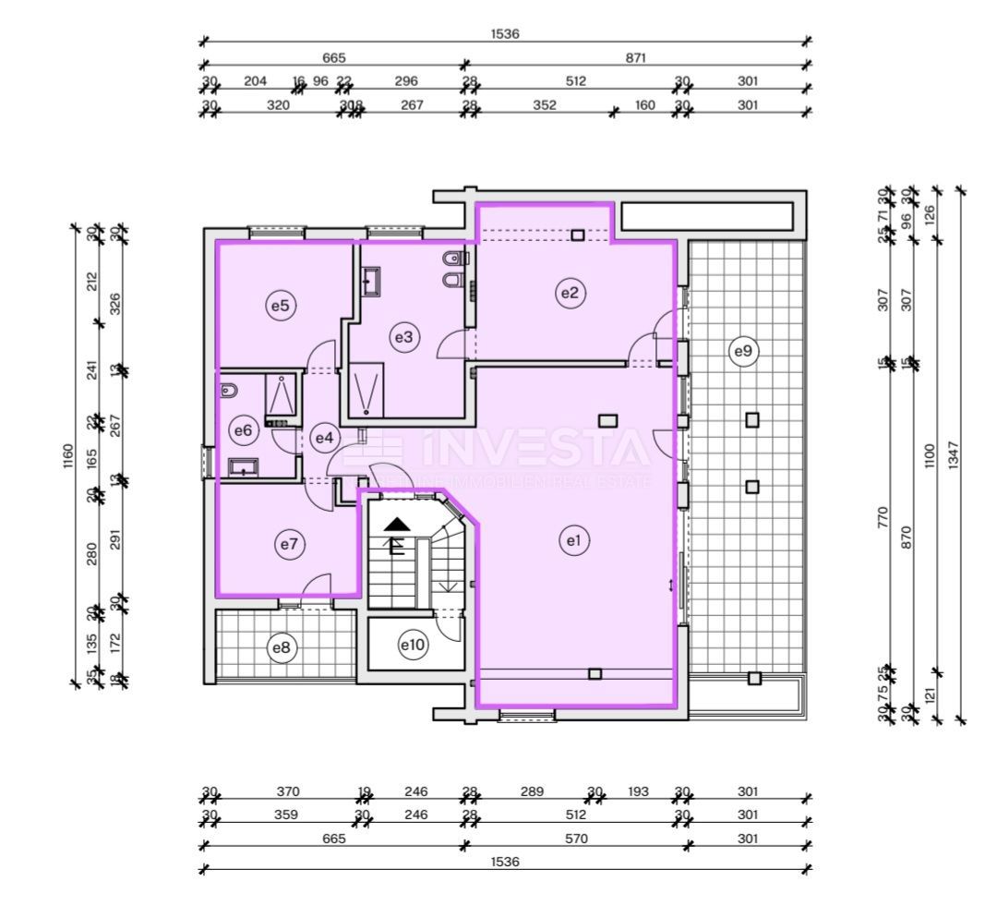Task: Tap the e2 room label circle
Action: [x=570, y=293]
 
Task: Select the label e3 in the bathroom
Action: [x=403, y=338]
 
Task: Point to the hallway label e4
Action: [x=323, y=438]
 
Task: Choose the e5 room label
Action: [x=280, y=306]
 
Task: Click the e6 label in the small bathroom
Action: [x=243, y=429]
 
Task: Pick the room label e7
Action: [x=289, y=545]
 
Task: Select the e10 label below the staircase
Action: [x=412, y=645]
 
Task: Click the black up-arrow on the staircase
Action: [x=397, y=524]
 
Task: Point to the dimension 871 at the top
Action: [x=635, y=57]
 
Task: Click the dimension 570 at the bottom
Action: [x=573, y=839]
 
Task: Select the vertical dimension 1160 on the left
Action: [x=67, y=455]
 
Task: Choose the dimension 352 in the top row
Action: [x=545, y=105]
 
